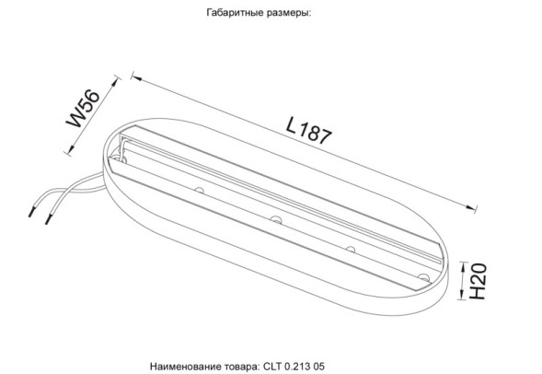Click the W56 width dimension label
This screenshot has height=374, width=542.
coord(81,110)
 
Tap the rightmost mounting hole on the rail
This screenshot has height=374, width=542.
coord(422,277)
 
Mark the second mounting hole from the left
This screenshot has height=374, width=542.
coord(275,219)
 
